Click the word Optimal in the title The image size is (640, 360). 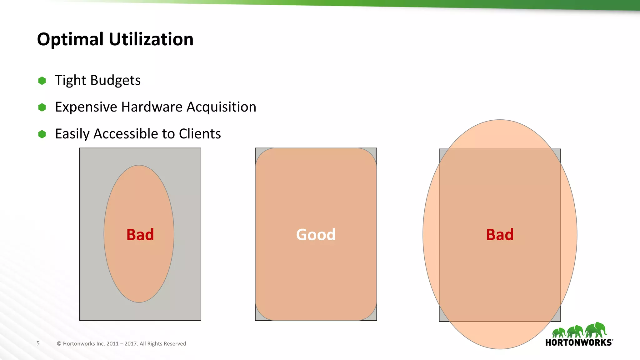point(70,39)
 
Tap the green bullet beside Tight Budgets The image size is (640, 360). point(42,81)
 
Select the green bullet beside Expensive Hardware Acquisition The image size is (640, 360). point(42,107)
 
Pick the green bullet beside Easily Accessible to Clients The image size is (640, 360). point(42,134)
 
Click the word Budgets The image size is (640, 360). point(115,81)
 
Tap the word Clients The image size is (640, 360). point(200,134)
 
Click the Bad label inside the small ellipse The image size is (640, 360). point(140,234)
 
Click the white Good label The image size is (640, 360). point(316,234)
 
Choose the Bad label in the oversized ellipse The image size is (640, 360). point(500,234)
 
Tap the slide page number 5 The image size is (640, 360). point(38,343)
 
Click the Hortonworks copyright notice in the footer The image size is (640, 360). point(122,343)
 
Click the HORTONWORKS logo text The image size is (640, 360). point(578,342)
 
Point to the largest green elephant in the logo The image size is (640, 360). point(596,330)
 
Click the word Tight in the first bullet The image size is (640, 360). point(70,81)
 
